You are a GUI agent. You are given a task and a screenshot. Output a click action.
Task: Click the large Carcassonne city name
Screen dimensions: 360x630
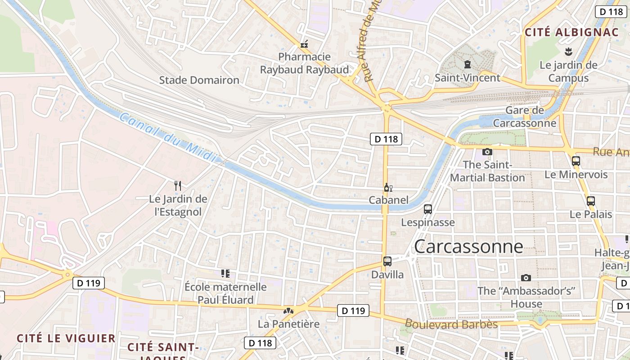468,246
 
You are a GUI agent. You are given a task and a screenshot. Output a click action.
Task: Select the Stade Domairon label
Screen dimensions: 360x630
199,81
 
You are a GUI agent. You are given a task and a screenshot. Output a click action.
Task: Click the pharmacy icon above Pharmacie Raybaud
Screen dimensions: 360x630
305,44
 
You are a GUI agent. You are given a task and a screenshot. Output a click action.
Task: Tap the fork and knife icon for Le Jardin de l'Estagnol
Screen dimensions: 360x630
178,185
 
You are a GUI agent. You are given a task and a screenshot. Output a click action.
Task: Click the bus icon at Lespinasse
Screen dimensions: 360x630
428,209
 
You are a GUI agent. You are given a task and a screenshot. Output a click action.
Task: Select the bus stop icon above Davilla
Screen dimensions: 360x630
387,261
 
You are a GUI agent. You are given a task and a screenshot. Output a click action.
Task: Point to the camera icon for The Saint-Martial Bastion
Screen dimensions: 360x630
487,152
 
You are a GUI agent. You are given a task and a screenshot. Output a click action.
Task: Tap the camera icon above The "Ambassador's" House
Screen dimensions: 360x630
526,278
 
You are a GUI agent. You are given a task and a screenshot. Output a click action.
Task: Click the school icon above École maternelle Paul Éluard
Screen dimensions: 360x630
225,274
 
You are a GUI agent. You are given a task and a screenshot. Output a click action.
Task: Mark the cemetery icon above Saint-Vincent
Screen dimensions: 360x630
467,64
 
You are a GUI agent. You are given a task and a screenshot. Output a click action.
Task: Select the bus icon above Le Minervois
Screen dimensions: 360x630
576,161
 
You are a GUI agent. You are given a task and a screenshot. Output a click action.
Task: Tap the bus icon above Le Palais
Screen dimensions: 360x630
590,201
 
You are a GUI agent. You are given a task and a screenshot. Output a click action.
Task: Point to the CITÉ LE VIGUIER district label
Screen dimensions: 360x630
66,338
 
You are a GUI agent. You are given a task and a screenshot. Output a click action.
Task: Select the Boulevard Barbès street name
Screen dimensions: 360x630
451,324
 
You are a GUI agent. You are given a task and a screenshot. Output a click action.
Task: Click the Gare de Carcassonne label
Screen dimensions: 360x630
525,117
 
